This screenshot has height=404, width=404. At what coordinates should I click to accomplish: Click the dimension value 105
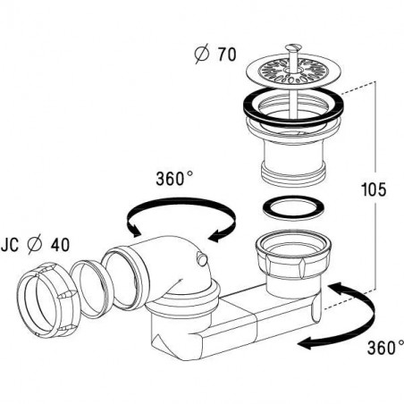tap(374, 189)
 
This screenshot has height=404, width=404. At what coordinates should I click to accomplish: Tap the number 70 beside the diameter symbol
tap(227, 55)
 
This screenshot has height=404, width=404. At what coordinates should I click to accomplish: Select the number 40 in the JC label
tap(60, 245)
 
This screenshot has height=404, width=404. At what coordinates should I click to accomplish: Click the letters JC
tap(10, 245)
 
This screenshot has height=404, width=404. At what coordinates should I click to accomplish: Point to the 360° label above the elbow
tap(174, 179)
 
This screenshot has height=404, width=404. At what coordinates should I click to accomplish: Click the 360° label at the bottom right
tap(385, 348)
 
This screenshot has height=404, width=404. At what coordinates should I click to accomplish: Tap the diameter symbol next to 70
tap(202, 55)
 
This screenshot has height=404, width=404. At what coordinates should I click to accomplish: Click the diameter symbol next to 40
tap(35, 245)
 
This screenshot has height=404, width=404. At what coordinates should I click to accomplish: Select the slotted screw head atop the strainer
tap(293, 47)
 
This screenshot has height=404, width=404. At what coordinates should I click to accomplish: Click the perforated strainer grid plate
tap(294, 71)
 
